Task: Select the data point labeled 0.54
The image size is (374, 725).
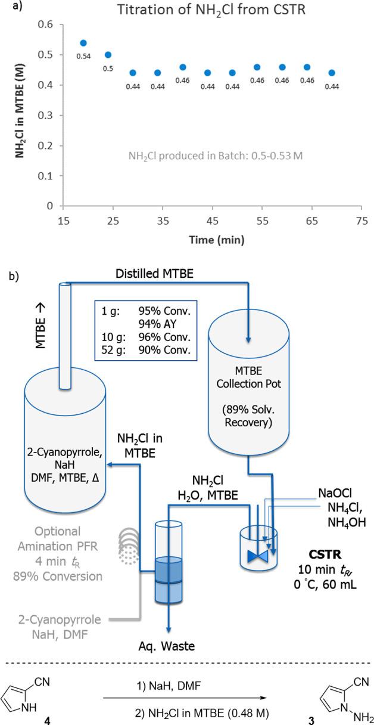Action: [x=83, y=43]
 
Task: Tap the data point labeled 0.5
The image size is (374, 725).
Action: [x=108, y=55]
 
